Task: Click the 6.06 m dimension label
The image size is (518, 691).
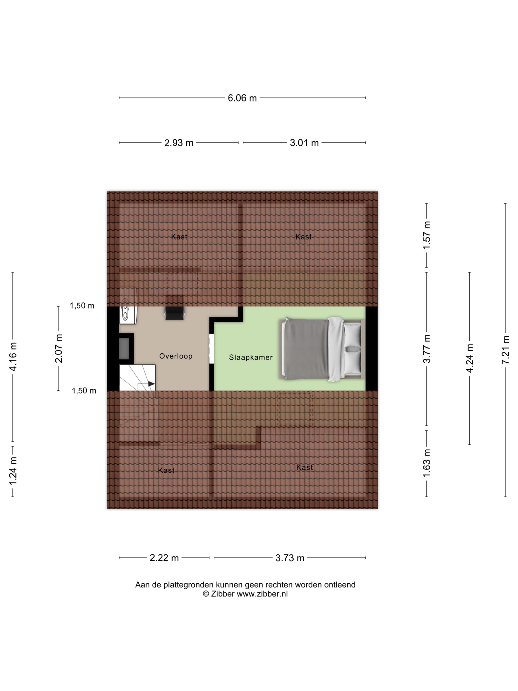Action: pyautogui.click(x=242, y=98)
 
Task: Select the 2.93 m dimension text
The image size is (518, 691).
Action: pyautogui.click(x=179, y=143)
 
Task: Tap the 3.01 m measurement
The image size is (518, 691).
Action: pyautogui.click(x=304, y=143)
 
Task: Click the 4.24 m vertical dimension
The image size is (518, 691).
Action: pyautogui.click(x=469, y=358)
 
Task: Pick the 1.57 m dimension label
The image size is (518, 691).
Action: pyautogui.click(x=426, y=235)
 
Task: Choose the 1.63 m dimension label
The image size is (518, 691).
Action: pyautogui.click(x=426, y=463)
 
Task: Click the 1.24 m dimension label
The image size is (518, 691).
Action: pyautogui.click(x=13, y=471)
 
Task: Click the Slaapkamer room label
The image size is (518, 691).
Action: pyautogui.click(x=251, y=357)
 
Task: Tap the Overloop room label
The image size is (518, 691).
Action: pyautogui.click(x=176, y=356)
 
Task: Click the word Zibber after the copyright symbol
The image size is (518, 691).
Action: pyautogui.click(x=223, y=594)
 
